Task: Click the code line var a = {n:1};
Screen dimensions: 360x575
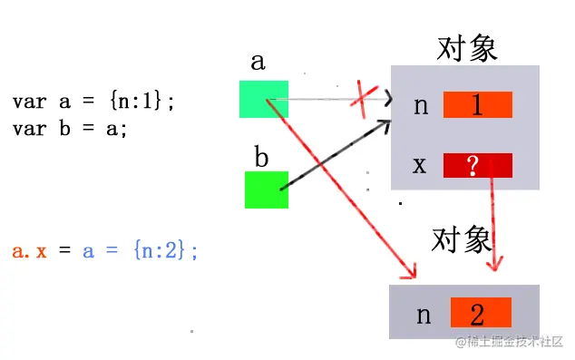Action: point(93,102)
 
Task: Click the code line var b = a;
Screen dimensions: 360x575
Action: point(70,128)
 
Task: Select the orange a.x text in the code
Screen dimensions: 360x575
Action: point(29,251)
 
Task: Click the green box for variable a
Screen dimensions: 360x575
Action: point(264,99)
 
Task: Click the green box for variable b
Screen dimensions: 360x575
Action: point(267,190)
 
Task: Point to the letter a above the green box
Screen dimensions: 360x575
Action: point(258,62)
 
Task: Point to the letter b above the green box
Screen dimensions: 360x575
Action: point(261,158)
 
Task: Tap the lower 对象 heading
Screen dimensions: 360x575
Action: point(463,239)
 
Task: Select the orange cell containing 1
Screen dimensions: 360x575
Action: point(477,105)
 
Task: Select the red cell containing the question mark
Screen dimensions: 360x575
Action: point(477,165)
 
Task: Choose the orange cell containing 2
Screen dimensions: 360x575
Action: point(477,315)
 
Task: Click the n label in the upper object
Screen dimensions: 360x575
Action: point(420,106)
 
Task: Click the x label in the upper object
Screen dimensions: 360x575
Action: point(420,166)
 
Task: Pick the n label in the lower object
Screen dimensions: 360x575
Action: point(424,315)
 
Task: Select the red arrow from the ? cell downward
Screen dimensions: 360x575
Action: point(493,222)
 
